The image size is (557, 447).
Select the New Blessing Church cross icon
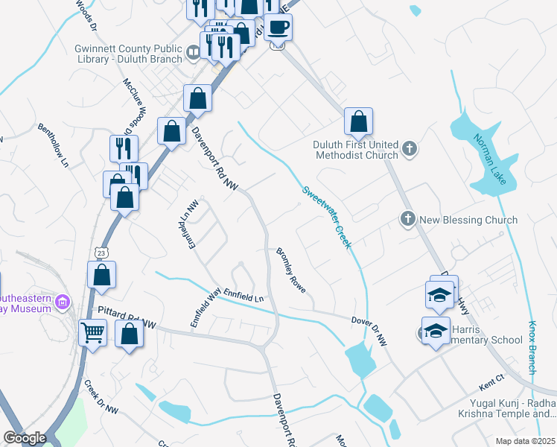point(407,220)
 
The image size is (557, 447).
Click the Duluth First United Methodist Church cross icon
point(409,150)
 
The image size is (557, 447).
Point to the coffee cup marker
point(278,28)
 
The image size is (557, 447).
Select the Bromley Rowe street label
point(291,270)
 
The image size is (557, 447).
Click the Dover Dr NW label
point(370,329)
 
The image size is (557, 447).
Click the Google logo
point(24,437)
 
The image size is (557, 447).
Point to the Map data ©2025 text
point(524,441)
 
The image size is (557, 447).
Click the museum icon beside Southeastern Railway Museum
point(63,302)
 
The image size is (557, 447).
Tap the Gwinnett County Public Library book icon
point(193,51)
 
